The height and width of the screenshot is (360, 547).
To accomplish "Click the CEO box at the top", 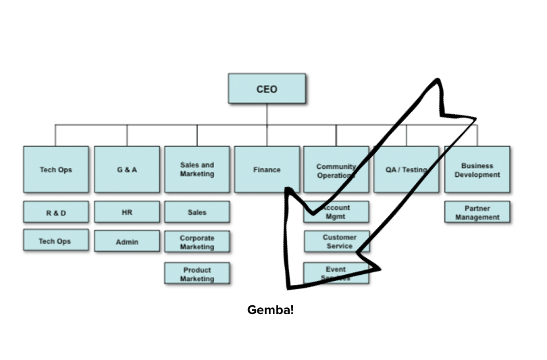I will click(x=267, y=88).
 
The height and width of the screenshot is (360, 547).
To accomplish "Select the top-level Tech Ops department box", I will click(x=55, y=170).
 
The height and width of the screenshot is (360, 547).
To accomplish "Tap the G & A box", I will click(x=126, y=170).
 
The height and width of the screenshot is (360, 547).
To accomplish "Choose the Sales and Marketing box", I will click(x=197, y=170).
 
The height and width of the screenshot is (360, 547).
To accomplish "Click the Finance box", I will click(x=267, y=170).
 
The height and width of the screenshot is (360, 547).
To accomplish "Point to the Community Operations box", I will click(x=336, y=170).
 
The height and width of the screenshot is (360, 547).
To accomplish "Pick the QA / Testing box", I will click(x=406, y=170).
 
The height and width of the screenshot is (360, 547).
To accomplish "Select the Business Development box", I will click(x=477, y=170).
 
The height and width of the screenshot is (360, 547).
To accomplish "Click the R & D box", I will click(x=55, y=212).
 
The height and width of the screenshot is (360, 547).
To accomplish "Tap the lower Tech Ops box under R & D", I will click(x=55, y=240).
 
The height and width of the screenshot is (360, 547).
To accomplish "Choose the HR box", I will click(x=126, y=212).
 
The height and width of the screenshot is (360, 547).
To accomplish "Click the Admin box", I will click(x=126, y=241).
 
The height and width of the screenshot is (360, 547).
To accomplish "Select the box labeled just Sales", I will click(x=197, y=212).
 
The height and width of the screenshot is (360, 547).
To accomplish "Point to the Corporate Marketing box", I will click(x=197, y=242).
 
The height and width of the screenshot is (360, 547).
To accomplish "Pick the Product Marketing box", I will click(x=197, y=274).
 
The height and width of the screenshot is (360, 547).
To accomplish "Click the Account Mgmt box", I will click(x=336, y=212).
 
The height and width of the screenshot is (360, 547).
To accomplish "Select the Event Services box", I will click(x=336, y=274).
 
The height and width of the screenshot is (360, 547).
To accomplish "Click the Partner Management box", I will click(x=477, y=212).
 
